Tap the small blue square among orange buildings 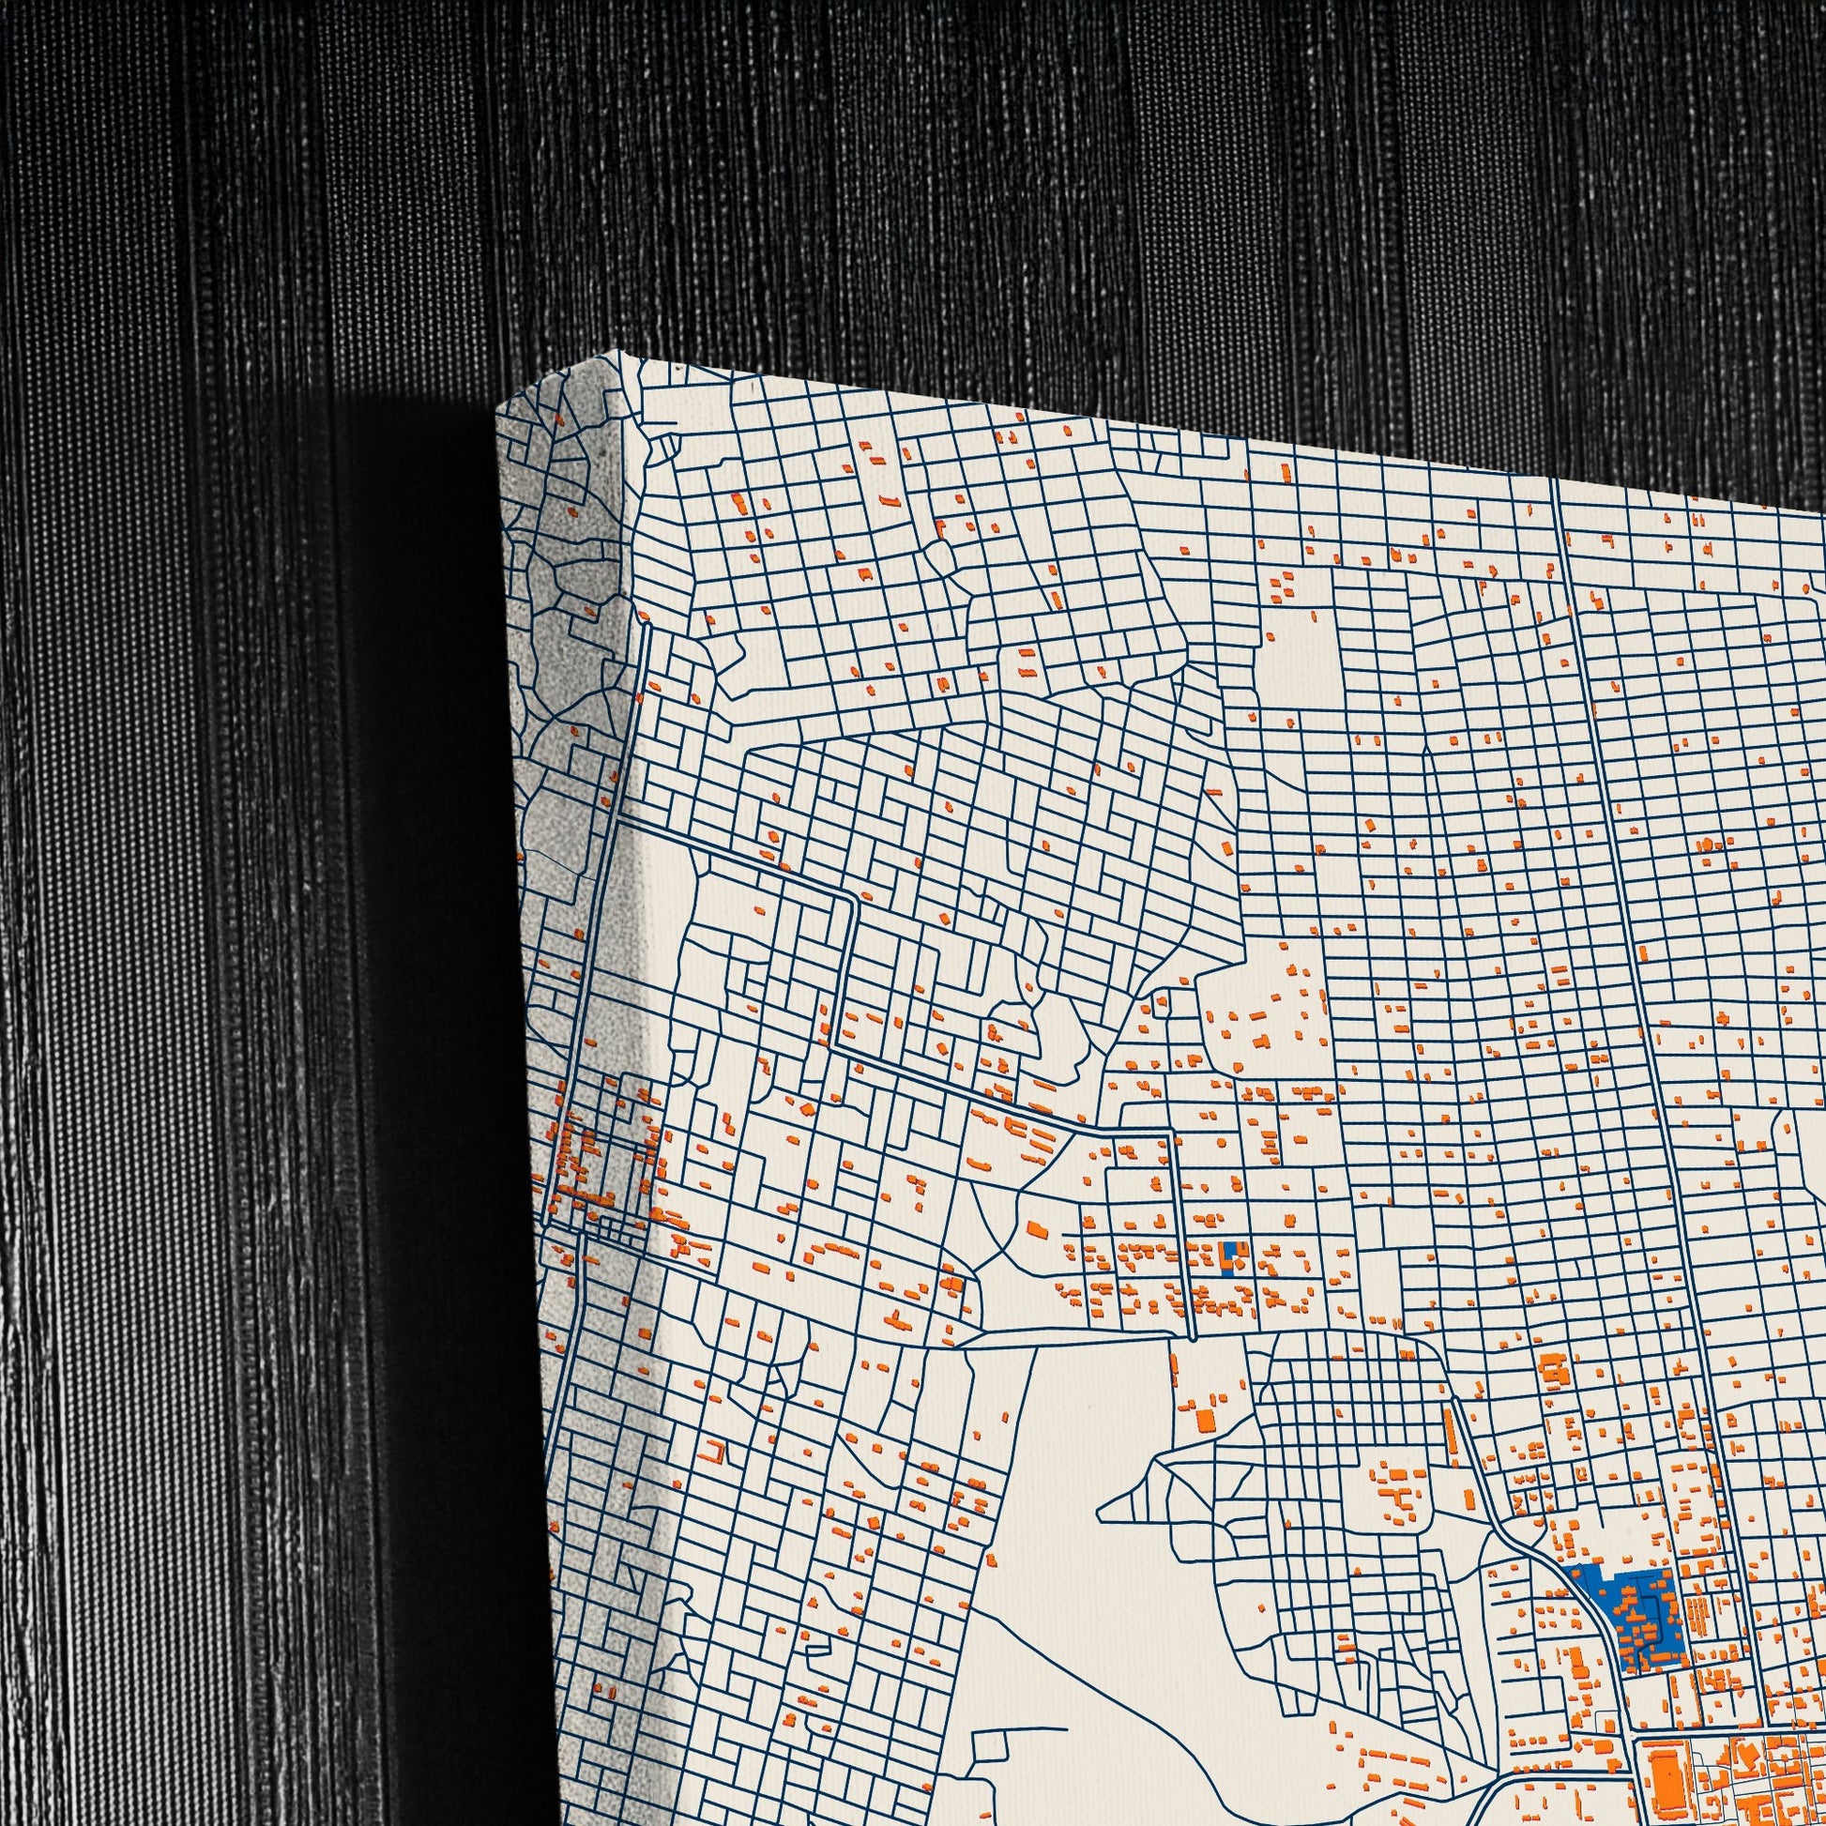1228,1258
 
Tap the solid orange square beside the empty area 1206,1447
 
